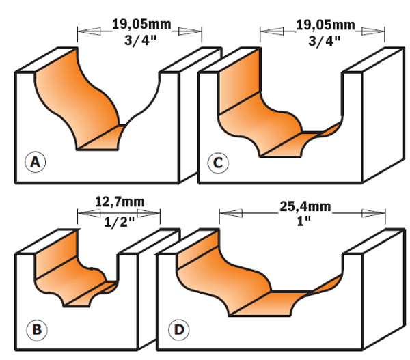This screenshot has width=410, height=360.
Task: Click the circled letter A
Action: tap(36, 162)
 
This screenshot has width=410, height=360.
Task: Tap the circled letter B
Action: tap(37, 330)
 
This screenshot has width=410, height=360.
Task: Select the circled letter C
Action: tap(218, 163)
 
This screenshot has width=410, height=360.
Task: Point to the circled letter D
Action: tap(179, 330)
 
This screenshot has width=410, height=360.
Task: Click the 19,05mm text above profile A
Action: tap(141, 25)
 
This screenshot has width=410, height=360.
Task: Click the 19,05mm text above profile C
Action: tap(325, 25)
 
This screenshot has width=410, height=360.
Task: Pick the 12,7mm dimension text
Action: tap(120, 202)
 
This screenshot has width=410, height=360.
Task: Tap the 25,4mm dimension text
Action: tap(305, 206)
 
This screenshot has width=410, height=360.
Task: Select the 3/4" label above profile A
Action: tap(140, 40)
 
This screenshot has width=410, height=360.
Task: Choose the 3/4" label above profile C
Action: tap(325, 41)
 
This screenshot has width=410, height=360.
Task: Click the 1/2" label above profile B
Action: tap(119, 222)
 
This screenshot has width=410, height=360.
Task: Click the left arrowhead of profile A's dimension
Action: tap(89, 31)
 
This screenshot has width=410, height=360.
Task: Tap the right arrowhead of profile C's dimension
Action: tap(373, 31)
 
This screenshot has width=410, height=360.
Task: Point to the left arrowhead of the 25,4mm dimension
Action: tap(231, 213)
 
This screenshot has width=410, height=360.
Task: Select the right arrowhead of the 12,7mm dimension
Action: tap(148, 213)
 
